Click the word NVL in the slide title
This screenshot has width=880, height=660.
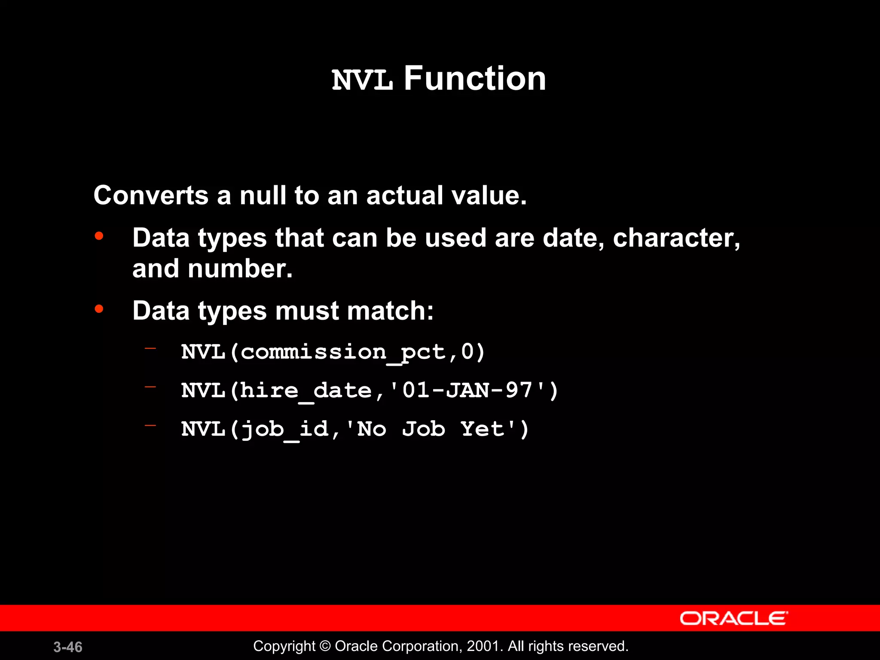point(362,80)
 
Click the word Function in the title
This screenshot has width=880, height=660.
point(474,79)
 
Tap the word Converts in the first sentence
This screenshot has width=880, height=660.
point(151,196)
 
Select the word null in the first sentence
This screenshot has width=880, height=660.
point(263,196)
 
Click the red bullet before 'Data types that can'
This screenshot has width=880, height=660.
point(99,236)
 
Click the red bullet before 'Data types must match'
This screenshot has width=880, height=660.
point(99,309)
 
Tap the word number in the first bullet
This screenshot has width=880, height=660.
point(240,269)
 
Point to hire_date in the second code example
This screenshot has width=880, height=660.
point(306,391)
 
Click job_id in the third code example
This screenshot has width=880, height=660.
point(284,430)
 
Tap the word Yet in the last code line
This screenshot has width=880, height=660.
point(482,429)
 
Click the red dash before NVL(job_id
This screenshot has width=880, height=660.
point(150,426)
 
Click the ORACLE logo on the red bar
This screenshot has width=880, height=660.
point(733,618)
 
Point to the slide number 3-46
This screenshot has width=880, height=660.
point(68,647)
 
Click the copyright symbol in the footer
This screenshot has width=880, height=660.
point(325,646)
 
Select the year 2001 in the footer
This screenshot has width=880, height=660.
point(483,646)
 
